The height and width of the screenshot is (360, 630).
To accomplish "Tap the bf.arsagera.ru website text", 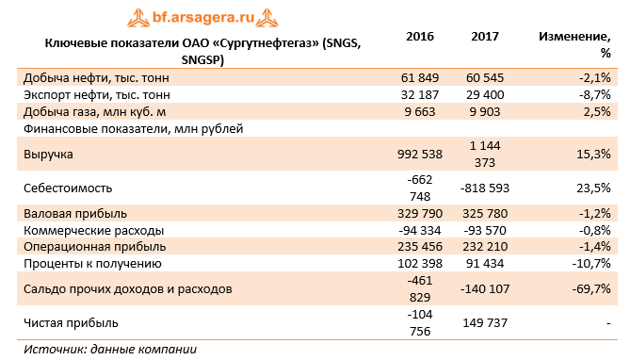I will pos(202,15).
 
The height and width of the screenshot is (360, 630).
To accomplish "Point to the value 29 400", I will pos(489,95).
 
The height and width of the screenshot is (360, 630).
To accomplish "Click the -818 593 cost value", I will pos(486,188).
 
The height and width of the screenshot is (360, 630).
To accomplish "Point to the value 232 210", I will pos(489,247).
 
